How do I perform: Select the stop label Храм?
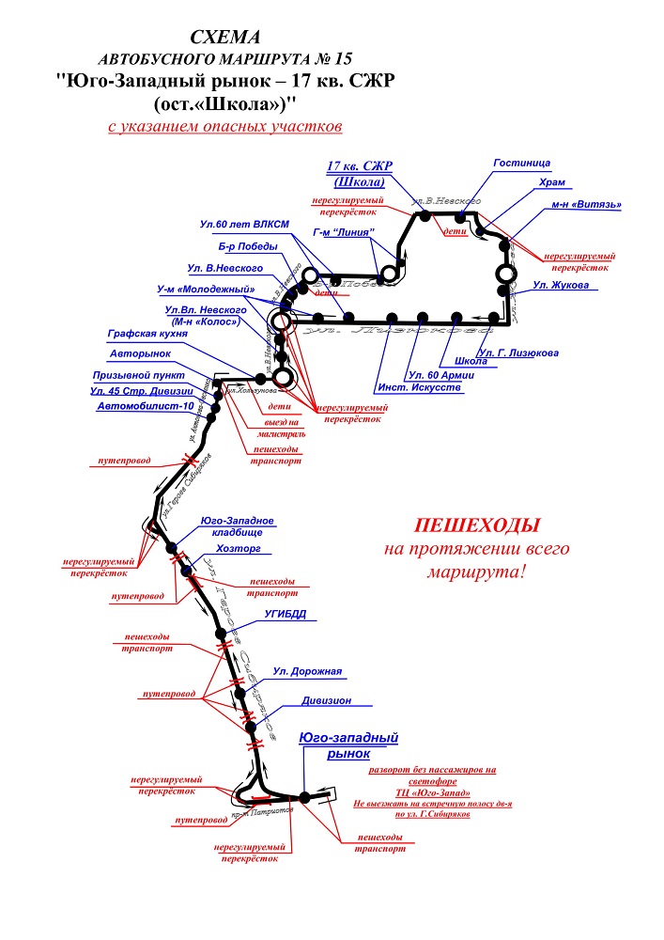(553, 183)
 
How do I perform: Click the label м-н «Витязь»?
(587, 204)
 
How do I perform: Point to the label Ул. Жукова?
(561, 285)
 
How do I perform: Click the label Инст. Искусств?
(420, 387)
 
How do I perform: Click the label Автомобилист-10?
(145, 406)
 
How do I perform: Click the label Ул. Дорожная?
(307, 671)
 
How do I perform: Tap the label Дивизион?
(326, 700)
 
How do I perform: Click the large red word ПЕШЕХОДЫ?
(479, 525)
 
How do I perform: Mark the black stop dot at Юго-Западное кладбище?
(172, 547)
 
